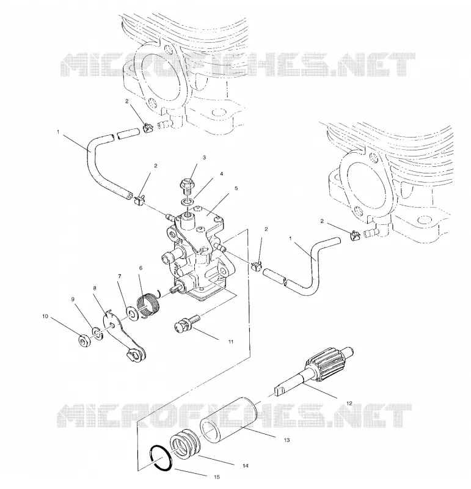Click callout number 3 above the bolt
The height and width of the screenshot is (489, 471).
click(x=204, y=158)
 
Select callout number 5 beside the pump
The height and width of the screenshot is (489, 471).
click(x=236, y=188)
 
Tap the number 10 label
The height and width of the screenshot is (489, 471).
click(x=45, y=316)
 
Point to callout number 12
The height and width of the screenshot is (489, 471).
click(x=349, y=403)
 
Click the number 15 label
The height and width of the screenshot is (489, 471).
click(x=217, y=477)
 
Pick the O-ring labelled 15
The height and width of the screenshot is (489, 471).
click(x=161, y=457)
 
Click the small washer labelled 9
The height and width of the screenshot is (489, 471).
click(x=97, y=333)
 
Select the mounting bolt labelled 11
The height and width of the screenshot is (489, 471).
click(x=187, y=323)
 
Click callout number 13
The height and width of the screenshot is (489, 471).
click(x=287, y=440)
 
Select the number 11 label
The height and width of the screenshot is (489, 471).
click(x=231, y=342)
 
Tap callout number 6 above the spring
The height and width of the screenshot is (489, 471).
click(x=141, y=268)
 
